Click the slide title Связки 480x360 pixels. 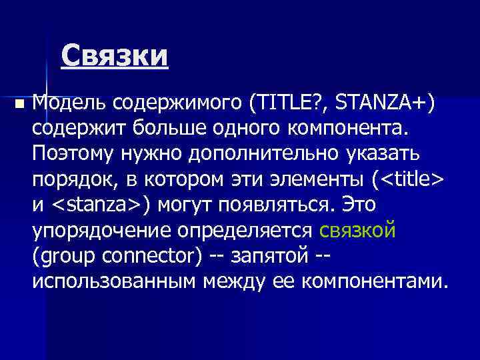pos(114,56)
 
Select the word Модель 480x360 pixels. pos(70,103)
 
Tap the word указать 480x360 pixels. pos(381,153)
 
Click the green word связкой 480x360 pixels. pos(358,230)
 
